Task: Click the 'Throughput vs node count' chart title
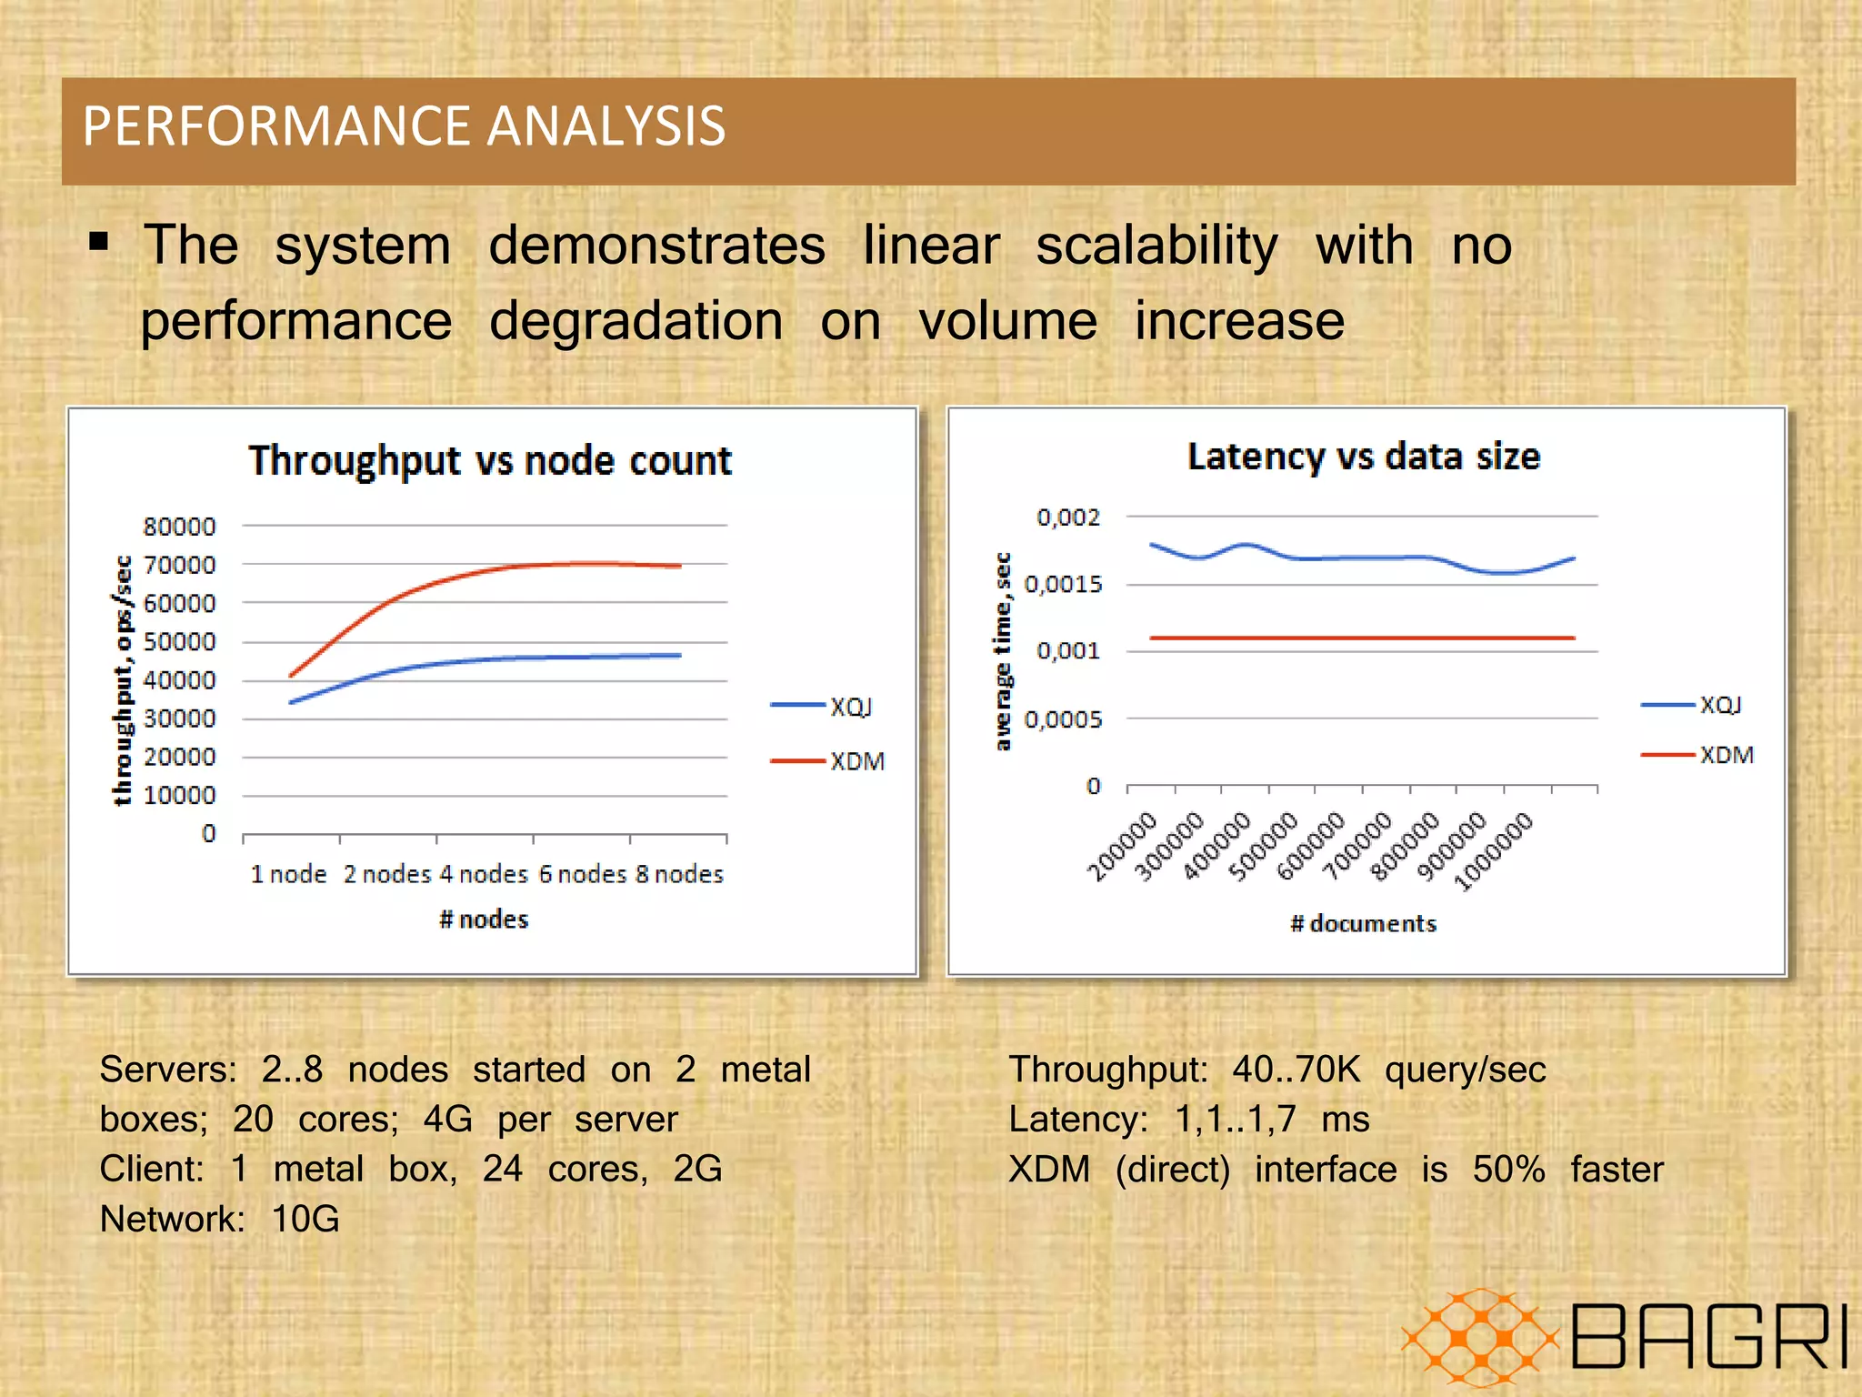490,460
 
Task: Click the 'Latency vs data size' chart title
1363,457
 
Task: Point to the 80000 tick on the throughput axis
180,527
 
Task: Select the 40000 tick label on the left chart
180,680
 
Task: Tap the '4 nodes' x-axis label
484,874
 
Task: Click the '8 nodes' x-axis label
679,874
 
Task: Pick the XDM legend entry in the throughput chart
856,761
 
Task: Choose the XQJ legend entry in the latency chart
1719,705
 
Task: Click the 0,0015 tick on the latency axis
1063,584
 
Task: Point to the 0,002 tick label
1068,518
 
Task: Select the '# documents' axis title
1363,924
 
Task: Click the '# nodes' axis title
484,920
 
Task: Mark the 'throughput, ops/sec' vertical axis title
122,680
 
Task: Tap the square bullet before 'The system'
100,242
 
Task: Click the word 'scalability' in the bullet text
1156,246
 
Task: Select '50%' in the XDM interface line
1508,1169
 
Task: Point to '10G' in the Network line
305,1219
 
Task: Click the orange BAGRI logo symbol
1480,1337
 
